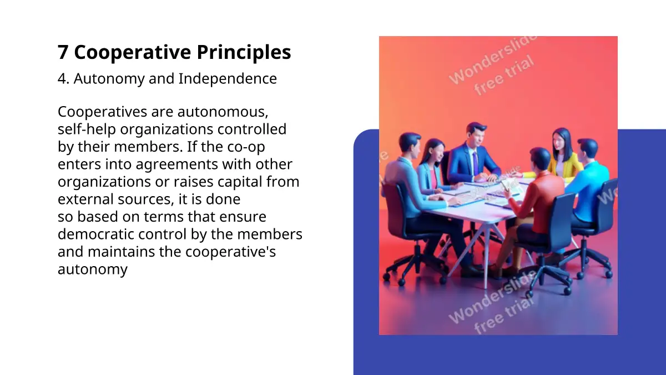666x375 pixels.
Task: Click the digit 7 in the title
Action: (x=63, y=52)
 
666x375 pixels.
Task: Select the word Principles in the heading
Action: (x=244, y=53)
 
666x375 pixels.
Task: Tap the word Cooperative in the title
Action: (x=133, y=53)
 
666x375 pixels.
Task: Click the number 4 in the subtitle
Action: (x=62, y=79)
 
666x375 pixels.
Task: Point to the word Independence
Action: (x=228, y=78)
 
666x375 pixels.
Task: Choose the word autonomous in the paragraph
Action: (x=223, y=112)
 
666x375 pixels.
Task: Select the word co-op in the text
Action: (x=246, y=147)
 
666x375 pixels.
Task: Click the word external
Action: (x=85, y=199)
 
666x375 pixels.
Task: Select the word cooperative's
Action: (x=231, y=252)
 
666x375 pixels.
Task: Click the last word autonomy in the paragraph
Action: (x=93, y=269)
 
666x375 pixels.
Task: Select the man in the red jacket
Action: (x=532, y=208)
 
